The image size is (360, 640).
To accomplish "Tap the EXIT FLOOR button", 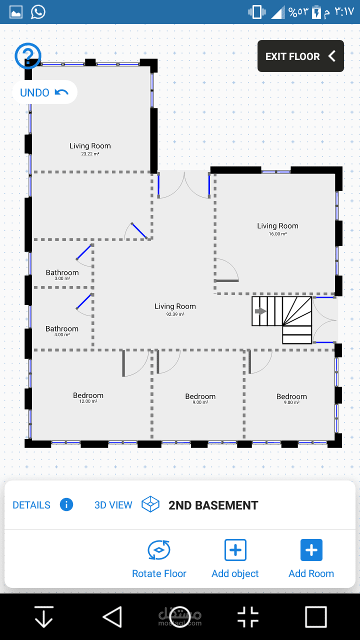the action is [x=300, y=56].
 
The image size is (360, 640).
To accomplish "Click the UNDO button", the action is [x=44, y=92].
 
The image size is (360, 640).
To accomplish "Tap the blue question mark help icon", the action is [x=28, y=55].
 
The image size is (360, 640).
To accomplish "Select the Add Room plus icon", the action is [x=311, y=550].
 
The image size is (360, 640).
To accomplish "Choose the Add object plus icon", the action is [x=235, y=550].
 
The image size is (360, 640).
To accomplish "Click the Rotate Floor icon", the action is [x=159, y=550].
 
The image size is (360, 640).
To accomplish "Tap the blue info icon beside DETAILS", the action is [x=66, y=504].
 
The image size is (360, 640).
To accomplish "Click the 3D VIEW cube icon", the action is [x=150, y=504].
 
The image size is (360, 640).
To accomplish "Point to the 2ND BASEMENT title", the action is [x=213, y=505].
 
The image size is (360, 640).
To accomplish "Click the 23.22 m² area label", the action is [x=90, y=154].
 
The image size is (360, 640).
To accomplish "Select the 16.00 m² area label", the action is [x=277, y=234].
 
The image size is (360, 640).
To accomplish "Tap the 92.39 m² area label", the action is [x=175, y=314].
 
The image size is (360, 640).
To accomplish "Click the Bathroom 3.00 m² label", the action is [x=62, y=275].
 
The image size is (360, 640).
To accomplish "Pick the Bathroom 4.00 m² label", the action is [x=62, y=331].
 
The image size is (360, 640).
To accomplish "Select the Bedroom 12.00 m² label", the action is [x=88, y=397].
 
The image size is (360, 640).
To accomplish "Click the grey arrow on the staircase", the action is [x=260, y=311].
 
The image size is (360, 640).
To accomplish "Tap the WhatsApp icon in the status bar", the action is [x=38, y=11].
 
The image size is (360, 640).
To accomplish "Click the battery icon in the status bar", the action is [x=316, y=12].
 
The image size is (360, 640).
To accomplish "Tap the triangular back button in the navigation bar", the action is [x=112, y=617].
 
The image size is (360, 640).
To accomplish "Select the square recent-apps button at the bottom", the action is [x=315, y=617].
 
